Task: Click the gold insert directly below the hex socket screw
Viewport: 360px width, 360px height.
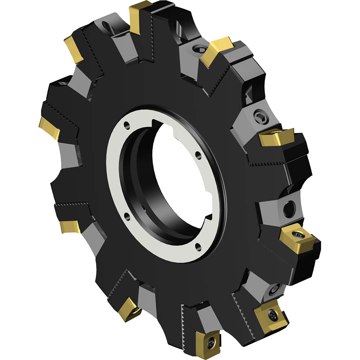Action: [x=276, y=137]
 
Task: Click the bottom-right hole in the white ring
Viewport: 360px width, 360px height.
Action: [x=197, y=246]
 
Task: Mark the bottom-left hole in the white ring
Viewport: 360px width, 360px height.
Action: [x=126, y=216]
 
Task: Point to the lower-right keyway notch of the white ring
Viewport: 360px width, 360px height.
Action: [x=209, y=219]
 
